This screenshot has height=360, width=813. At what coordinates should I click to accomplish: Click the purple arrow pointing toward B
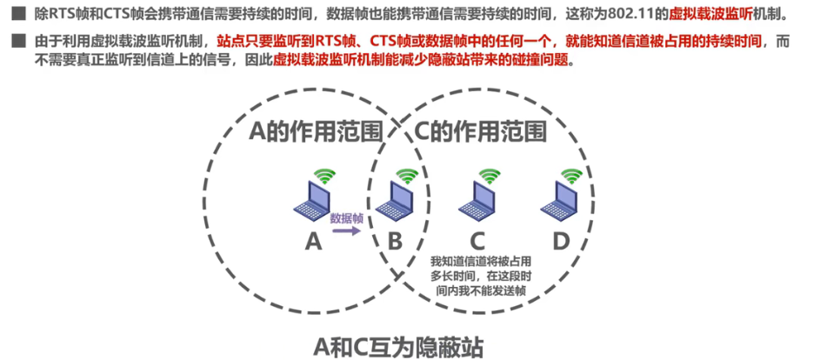tap(346, 232)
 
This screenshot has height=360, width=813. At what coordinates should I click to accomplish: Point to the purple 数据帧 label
tap(346, 217)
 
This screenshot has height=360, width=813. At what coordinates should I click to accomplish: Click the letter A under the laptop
tap(313, 241)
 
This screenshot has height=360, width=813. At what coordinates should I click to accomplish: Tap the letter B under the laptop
tap(394, 241)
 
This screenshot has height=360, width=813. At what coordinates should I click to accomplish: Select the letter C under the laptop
tap(477, 241)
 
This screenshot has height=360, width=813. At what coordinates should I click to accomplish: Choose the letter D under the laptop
tap(561, 241)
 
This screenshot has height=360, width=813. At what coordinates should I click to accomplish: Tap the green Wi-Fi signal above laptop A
tap(323, 176)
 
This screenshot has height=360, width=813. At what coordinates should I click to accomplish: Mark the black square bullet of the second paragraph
tap(17, 41)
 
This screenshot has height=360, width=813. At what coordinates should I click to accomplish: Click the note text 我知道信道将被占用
tap(481, 262)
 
